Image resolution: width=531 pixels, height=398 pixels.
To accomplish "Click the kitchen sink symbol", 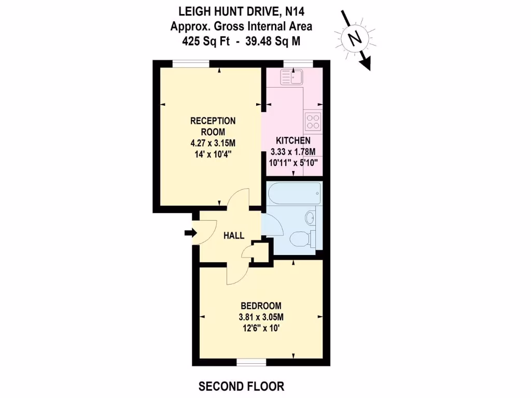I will pos(291,77).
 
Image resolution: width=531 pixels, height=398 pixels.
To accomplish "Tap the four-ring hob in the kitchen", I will pos(313,121).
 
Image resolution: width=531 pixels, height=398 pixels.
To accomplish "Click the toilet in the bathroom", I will pos(300,239).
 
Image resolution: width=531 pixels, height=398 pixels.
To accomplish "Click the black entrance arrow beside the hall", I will pos(189,233).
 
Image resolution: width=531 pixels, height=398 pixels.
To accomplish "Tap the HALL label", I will pos(234,236).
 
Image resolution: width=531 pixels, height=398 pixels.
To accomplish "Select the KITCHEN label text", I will pos(293,140).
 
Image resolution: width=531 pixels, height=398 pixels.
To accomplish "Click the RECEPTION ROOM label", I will pos(213,126).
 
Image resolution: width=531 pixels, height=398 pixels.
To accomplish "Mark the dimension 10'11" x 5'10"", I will pos(294,162).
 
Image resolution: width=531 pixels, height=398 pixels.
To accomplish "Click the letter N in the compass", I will pos(354,38).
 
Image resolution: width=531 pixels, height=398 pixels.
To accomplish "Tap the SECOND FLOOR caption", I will pos(242,386).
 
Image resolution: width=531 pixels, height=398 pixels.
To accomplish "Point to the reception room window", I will pos(191,64).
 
